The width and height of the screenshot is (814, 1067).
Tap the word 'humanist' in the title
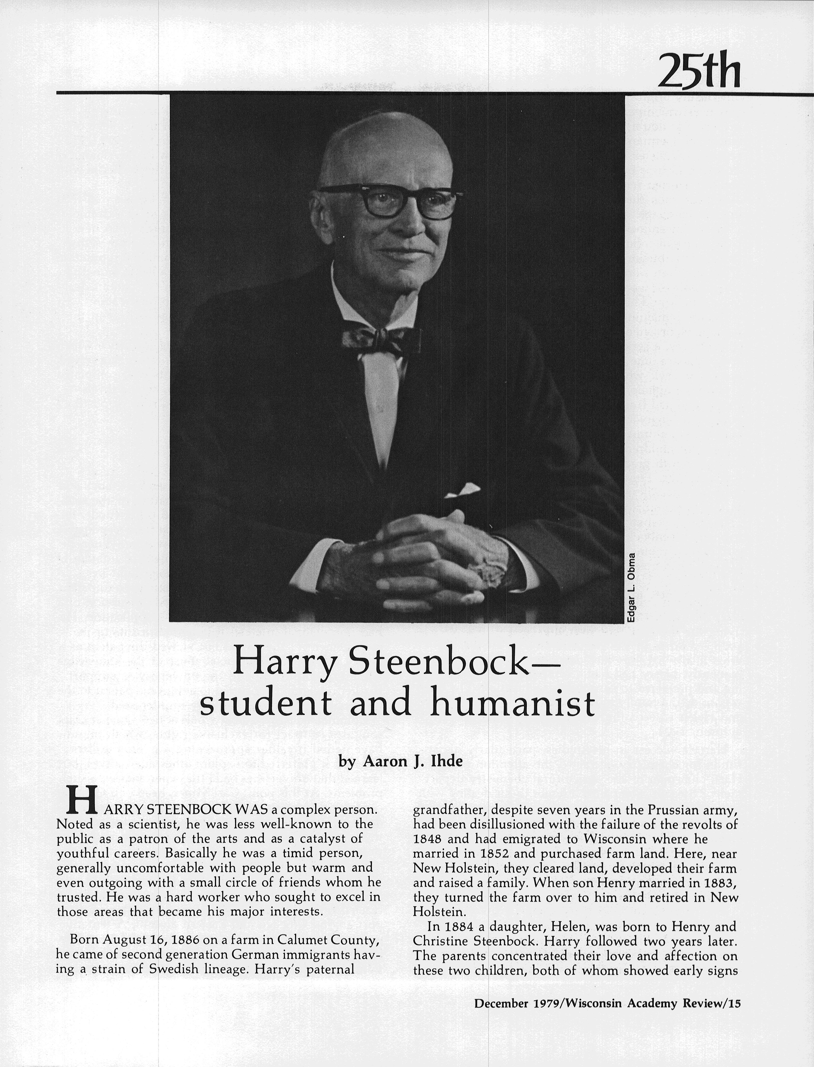[513, 704]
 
